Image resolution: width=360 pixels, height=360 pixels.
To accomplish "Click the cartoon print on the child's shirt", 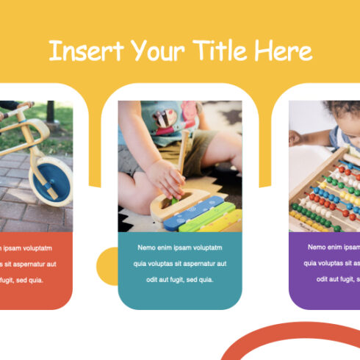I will (168, 118).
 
